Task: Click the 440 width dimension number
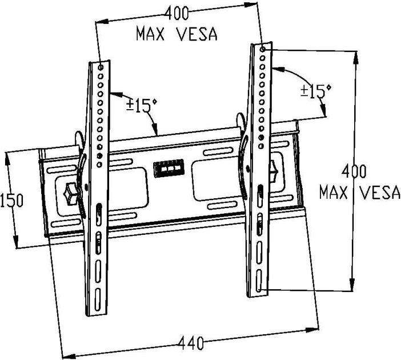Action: (x=191, y=343)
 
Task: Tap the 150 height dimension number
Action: (x=12, y=201)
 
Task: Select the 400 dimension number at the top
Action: (x=177, y=13)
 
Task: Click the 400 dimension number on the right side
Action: (x=354, y=171)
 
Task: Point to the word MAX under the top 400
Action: (x=150, y=34)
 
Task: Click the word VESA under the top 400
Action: (x=197, y=34)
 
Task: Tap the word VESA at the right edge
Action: (x=380, y=193)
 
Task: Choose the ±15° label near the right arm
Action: (x=315, y=91)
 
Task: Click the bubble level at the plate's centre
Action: (x=169, y=168)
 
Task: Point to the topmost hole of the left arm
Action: (x=101, y=67)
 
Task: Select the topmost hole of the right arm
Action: (x=263, y=49)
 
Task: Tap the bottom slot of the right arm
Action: (x=259, y=280)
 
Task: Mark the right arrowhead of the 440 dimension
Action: (x=312, y=330)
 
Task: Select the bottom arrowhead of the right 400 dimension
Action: (x=352, y=284)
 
